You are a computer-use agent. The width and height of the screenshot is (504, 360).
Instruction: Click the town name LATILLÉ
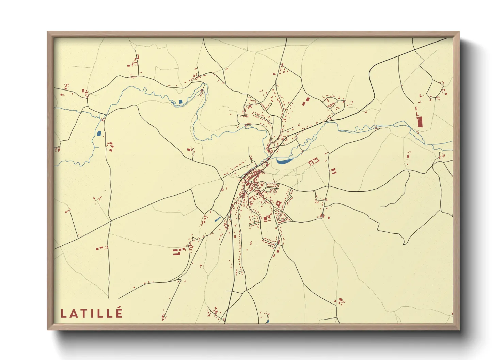coord(91,313)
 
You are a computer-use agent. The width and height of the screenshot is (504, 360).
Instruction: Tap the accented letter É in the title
coord(119,312)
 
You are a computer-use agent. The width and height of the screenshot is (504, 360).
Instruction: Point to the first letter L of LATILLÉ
coord(63,314)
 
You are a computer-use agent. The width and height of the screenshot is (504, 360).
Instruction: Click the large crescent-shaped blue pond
coord(284,161)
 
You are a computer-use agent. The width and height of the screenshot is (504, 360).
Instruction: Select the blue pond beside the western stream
coord(99,133)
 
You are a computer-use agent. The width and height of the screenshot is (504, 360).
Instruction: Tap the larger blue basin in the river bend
coord(180,101)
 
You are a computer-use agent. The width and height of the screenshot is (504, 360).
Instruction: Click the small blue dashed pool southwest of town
coord(217,219)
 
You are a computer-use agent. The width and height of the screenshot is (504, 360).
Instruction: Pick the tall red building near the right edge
coord(420,121)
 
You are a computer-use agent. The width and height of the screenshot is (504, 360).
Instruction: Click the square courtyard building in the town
coord(278,204)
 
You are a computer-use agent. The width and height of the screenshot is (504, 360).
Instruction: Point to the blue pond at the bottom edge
coord(268,321)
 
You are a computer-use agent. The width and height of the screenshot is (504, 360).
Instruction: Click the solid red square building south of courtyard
coord(266,218)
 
